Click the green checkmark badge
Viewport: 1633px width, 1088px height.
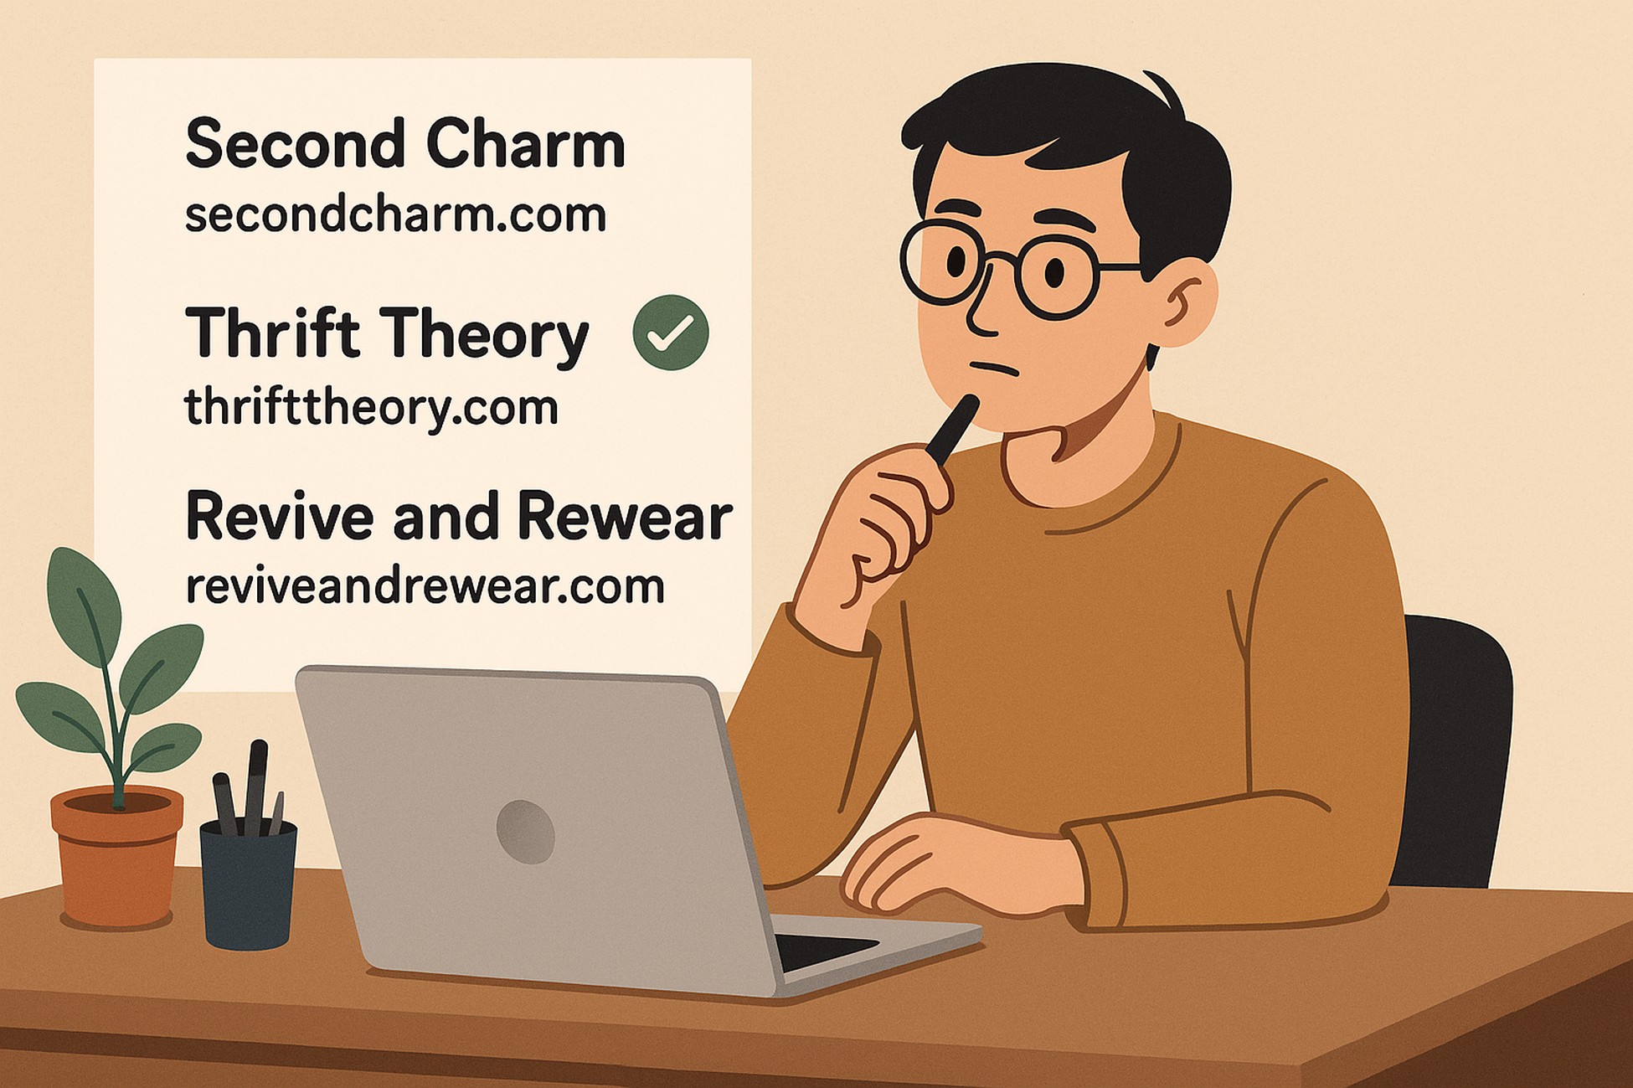tap(671, 333)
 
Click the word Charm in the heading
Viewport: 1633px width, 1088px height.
tap(526, 143)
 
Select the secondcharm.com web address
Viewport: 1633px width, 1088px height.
tap(395, 214)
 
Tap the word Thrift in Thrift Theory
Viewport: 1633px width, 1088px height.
tap(272, 333)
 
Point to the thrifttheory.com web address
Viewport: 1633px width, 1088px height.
tap(371, 408)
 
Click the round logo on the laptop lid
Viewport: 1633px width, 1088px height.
tap(525, 831)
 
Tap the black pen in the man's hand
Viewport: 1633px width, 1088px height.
tap(951, 429)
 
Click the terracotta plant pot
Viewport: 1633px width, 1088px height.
tap(116, 857)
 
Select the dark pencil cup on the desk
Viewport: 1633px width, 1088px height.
tap(248, 884)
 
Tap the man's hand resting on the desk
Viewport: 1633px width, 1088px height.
tap(955, 867)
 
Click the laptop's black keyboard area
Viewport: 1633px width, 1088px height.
tap(825, 951)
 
